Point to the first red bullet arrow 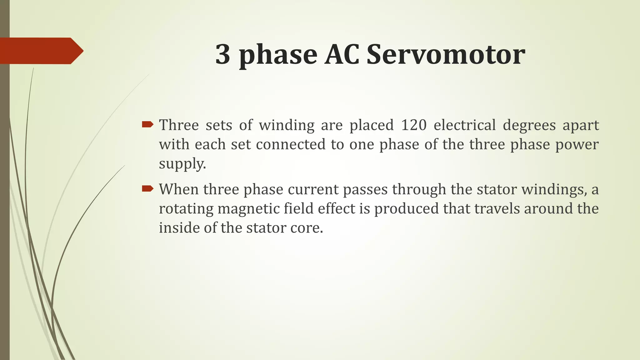coord(147,125)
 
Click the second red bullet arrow coord(147,189)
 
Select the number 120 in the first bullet coord(414,125)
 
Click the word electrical coord(465,125)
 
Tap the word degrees coord(529,126)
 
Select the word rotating coord(186,209)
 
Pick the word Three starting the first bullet coord(179,125)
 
